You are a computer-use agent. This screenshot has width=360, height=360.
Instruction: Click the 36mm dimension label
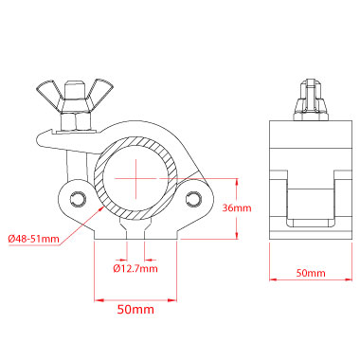tap(237, 207)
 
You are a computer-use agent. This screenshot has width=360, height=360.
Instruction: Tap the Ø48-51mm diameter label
tap(34, 239)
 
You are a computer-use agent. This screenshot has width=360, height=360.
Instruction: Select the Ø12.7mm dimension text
tap(135, 268)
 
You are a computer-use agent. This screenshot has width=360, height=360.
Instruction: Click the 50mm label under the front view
tap(135, 309)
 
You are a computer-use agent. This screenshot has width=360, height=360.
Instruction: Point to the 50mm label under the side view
tap(311, 273)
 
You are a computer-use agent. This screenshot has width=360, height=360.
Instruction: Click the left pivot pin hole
tap(78, 198)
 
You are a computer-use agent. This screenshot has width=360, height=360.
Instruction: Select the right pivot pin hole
tap(193, 198)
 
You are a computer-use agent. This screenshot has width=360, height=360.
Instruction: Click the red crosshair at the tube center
tap(136, 179)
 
